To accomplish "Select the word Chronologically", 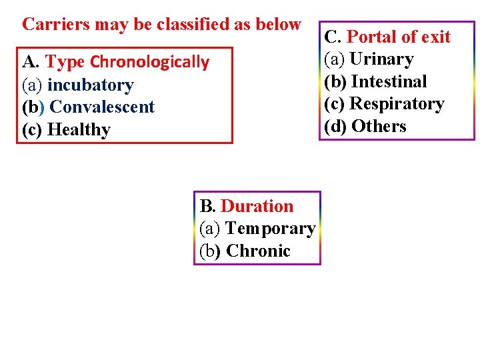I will [149, 63].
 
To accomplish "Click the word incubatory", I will [90, 85].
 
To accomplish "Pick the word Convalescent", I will [102, 107].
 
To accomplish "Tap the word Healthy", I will [79, 130].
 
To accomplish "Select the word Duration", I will [257, 207].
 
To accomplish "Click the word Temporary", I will [270, 229].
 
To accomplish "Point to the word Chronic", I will [258, 251].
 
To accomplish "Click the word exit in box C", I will [435, 37].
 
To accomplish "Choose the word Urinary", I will [382, 59].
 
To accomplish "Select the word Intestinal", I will [389, 81].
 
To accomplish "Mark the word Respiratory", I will [397, 104].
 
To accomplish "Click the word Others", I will [378, 126].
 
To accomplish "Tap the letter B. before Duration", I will [207, 207].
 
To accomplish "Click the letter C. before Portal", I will [333, 37].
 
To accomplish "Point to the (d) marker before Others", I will [335, 126].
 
